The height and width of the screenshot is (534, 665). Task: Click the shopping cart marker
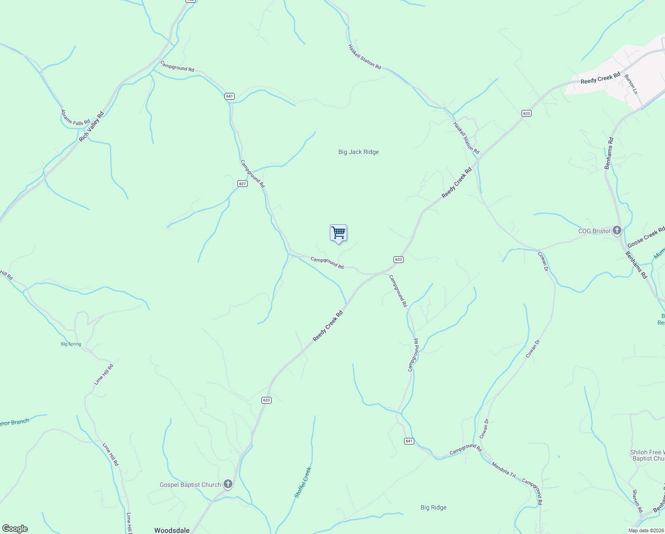(x=338, y=233)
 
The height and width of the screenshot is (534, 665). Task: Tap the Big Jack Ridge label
(x=358, y=152)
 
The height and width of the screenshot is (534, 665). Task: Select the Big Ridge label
(x=433, y=507)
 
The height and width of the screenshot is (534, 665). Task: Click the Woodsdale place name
(x=172, y=530)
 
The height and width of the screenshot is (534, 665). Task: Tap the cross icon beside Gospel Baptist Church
(x=228, y=484)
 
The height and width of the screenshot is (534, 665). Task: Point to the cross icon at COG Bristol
(x=617, y=231)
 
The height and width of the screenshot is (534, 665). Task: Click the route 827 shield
(x=242, y=184)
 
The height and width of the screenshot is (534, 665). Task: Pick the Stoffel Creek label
(x=303, y=482)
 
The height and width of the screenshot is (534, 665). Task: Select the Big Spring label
(x=71, y=344)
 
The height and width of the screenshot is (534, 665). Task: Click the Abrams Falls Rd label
(x=75, y=117)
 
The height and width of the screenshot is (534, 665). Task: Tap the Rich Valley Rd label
(x=92, y=127)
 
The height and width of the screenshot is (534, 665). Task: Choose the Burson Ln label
(x=631, y=84)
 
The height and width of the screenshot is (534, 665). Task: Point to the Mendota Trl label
(x=503, y=470)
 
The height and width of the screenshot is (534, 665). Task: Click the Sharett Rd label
(x=637, y=501)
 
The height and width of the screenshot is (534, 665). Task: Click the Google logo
(x=15, y=529)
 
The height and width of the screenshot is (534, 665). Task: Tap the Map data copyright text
(x=645, y=530)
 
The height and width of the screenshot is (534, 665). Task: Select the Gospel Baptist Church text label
(x=190, y=485)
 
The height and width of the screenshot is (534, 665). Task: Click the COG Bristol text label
(x=594, y=231)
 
